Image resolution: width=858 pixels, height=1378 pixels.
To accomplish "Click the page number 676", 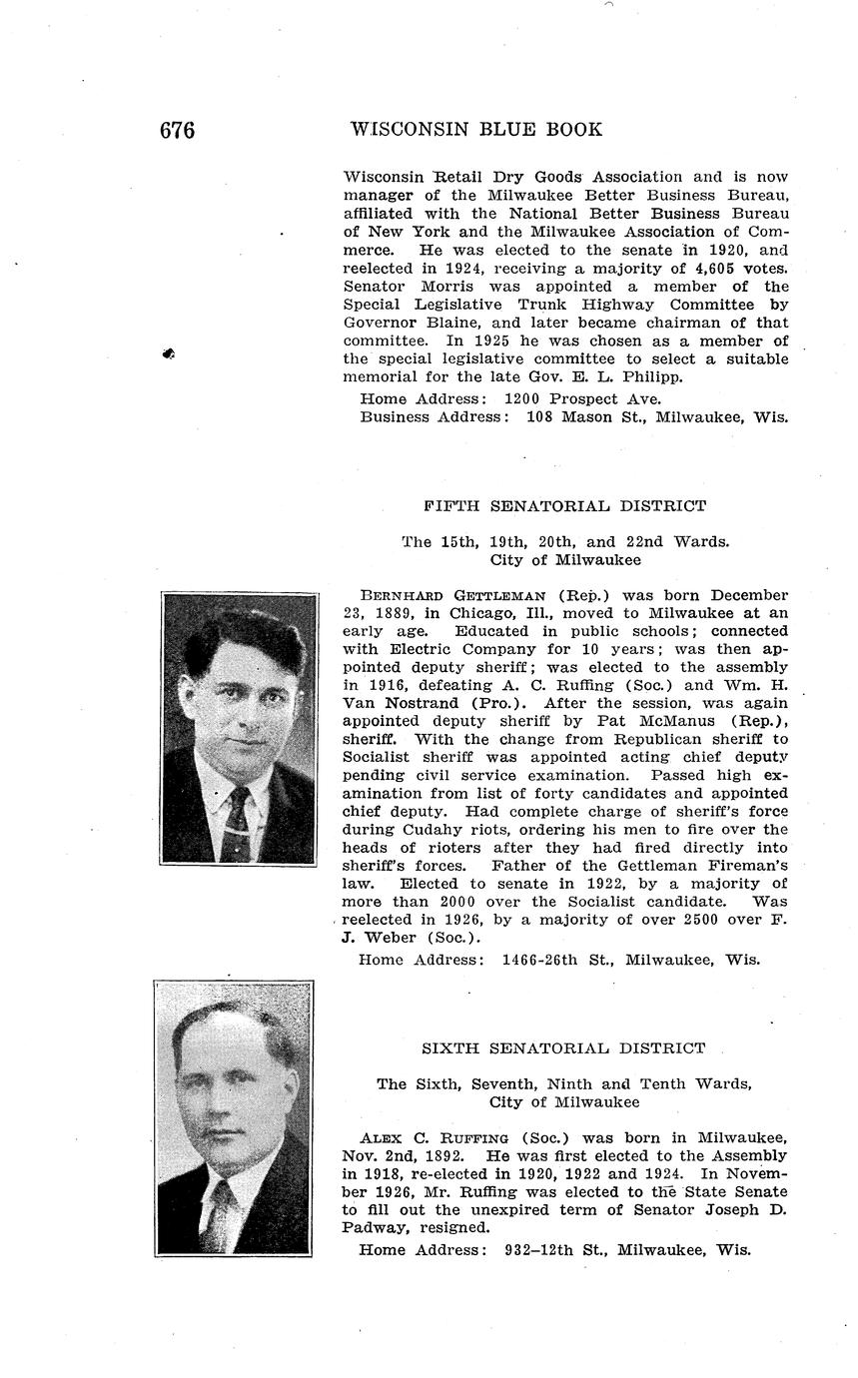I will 177,131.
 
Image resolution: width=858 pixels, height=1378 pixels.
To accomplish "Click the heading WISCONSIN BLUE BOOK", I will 476,130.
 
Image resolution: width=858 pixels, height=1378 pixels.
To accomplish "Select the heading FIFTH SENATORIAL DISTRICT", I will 564,506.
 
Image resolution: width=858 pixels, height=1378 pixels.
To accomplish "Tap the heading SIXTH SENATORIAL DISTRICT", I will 563,1048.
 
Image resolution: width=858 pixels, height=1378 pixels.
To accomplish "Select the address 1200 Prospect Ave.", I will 576,398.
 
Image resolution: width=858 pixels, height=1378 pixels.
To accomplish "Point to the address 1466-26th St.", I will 557,960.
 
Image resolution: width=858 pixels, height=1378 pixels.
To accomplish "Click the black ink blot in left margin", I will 169,353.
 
